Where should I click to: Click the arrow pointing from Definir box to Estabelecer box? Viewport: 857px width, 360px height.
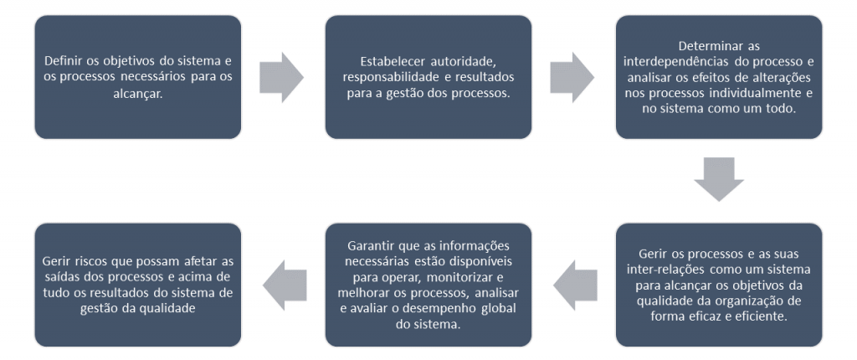tap(281, 77)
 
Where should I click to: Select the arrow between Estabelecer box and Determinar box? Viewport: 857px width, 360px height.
tap(572, 77)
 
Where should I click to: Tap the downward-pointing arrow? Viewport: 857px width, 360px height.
tap(719, 179)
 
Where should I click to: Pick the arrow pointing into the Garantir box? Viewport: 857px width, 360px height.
tap(575, 285)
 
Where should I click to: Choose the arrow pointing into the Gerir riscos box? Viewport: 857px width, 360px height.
tap(285, 285)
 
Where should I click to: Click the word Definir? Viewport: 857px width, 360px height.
tap(64, 60)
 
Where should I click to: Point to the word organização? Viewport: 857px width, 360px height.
tap(736, 301)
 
